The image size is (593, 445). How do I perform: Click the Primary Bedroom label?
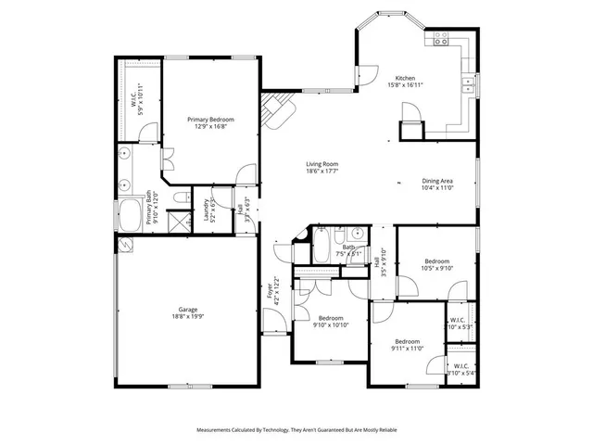click(209, 120)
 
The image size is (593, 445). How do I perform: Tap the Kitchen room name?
click(406, 78)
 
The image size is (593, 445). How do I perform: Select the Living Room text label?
click(322, 165)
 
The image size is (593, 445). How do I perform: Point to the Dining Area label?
click(437, 181)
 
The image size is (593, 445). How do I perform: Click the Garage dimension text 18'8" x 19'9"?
click(188, 316)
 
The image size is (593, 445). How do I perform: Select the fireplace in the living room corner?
click(275, 110)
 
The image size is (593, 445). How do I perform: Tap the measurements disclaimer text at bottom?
click(296, 430)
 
